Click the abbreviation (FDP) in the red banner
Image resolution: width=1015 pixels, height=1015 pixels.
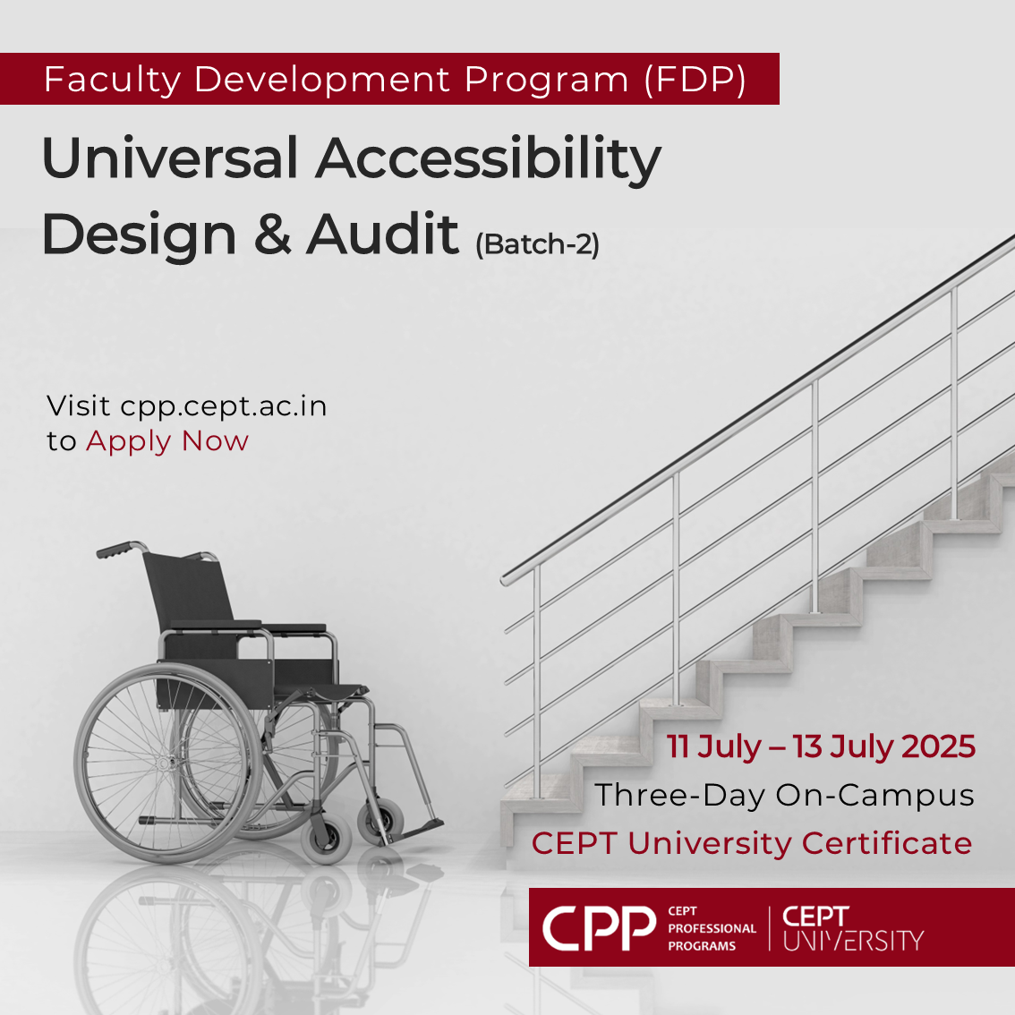click(x=695, y=81)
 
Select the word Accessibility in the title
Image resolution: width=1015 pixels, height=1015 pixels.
click(x=489, y=161)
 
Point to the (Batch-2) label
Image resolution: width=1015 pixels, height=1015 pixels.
click(x=537, y=244)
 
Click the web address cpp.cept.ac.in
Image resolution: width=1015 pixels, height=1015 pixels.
click(x=224, y=407)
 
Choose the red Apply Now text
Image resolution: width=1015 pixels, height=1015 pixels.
click(x=167, y=442)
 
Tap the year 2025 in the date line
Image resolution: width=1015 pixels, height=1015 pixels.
click(x=938, y=746)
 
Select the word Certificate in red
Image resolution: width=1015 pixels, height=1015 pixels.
click(x=887, y=843)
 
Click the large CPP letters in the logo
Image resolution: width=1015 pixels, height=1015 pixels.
click(x=599, y=928)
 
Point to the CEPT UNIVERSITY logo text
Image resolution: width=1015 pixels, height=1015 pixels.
click(x=852, y=928)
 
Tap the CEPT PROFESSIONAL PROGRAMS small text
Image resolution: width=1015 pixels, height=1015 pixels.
click(x=712, y=928)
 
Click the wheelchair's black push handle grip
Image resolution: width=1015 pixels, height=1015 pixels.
click(x=114, y=550)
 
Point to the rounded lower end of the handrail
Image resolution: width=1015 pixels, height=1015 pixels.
click(x=507, y=579)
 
